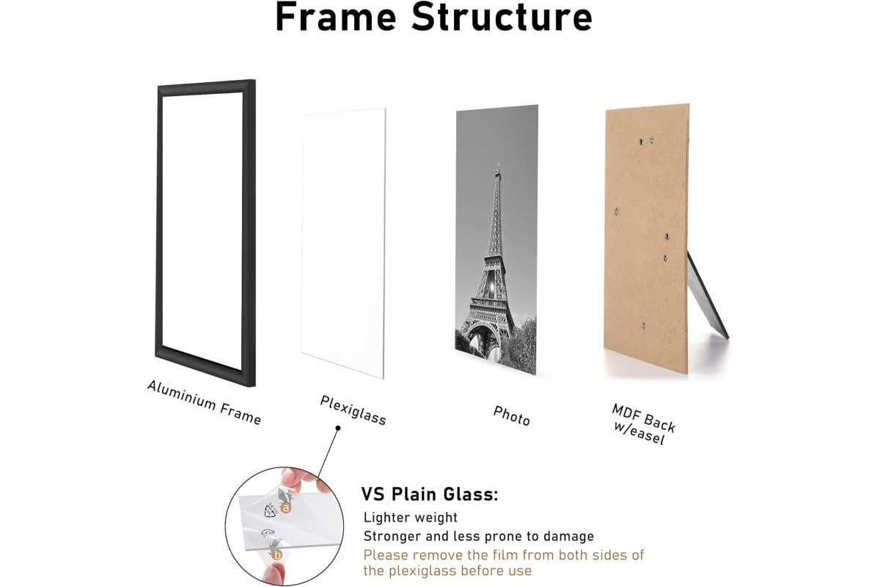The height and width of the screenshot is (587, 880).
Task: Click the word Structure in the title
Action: (502, 18)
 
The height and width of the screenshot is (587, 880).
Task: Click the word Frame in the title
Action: (337, 18)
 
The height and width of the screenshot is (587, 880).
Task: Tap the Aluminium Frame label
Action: (204, 402)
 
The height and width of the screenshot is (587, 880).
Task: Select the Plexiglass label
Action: (353, 410)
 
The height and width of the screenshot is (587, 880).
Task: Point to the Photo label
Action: (512, 415)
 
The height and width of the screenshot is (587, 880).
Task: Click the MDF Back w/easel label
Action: (642, 424)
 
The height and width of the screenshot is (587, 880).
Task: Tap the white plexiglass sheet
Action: (343, 243)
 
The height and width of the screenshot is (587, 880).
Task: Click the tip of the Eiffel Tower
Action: (498, 162)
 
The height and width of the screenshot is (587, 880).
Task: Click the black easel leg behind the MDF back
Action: (707, 295)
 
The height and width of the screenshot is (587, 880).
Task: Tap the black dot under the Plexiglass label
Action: (338, 429)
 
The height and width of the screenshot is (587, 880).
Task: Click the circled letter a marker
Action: (285, 508)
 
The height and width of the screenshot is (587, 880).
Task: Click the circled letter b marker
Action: (277, 555)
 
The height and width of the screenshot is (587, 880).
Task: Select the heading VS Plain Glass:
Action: (430, 495)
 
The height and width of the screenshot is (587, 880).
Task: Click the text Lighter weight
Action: (411, 517)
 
